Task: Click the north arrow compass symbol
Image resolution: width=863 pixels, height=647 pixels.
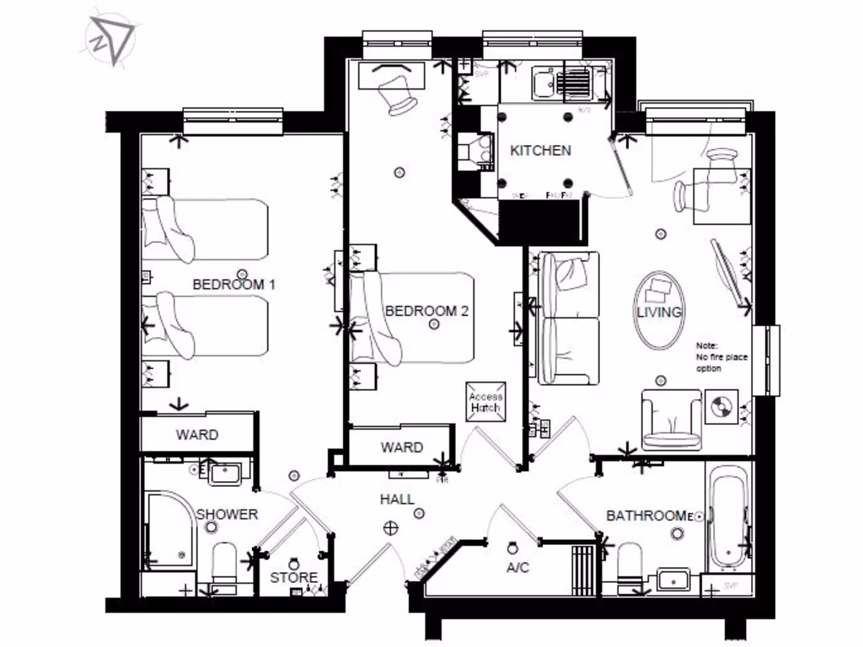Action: [x=110, y=38]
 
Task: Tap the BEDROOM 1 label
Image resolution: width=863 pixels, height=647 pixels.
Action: [x=234, y=285]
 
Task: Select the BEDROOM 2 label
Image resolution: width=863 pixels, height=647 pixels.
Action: [x=426, y=311]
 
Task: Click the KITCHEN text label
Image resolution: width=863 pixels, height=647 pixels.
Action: [x=540, y=151]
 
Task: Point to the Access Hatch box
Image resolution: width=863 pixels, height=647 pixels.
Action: [x=485, y=402]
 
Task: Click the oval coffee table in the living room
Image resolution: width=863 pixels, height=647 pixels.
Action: [x=659, y=309]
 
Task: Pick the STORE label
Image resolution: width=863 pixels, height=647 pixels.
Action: [x=293, y=578]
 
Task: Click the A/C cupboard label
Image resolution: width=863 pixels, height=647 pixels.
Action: [x=517, y=568]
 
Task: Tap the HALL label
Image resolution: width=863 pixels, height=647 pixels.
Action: [x=397, y=500]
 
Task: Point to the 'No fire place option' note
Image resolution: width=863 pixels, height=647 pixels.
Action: [x=721, y=358]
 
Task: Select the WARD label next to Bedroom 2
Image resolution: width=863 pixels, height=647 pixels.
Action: [x=401, y=447]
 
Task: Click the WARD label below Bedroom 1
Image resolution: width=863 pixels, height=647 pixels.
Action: [x=196, y=435]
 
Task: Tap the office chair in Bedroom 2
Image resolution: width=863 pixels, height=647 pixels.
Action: [x=398, y=93]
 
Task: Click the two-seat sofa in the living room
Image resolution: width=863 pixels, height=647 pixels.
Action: [x=570, y=318]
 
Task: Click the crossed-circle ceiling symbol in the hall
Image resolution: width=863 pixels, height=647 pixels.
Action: [x=390, y=528]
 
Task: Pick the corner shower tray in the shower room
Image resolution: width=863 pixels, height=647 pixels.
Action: [x=171, y=530]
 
